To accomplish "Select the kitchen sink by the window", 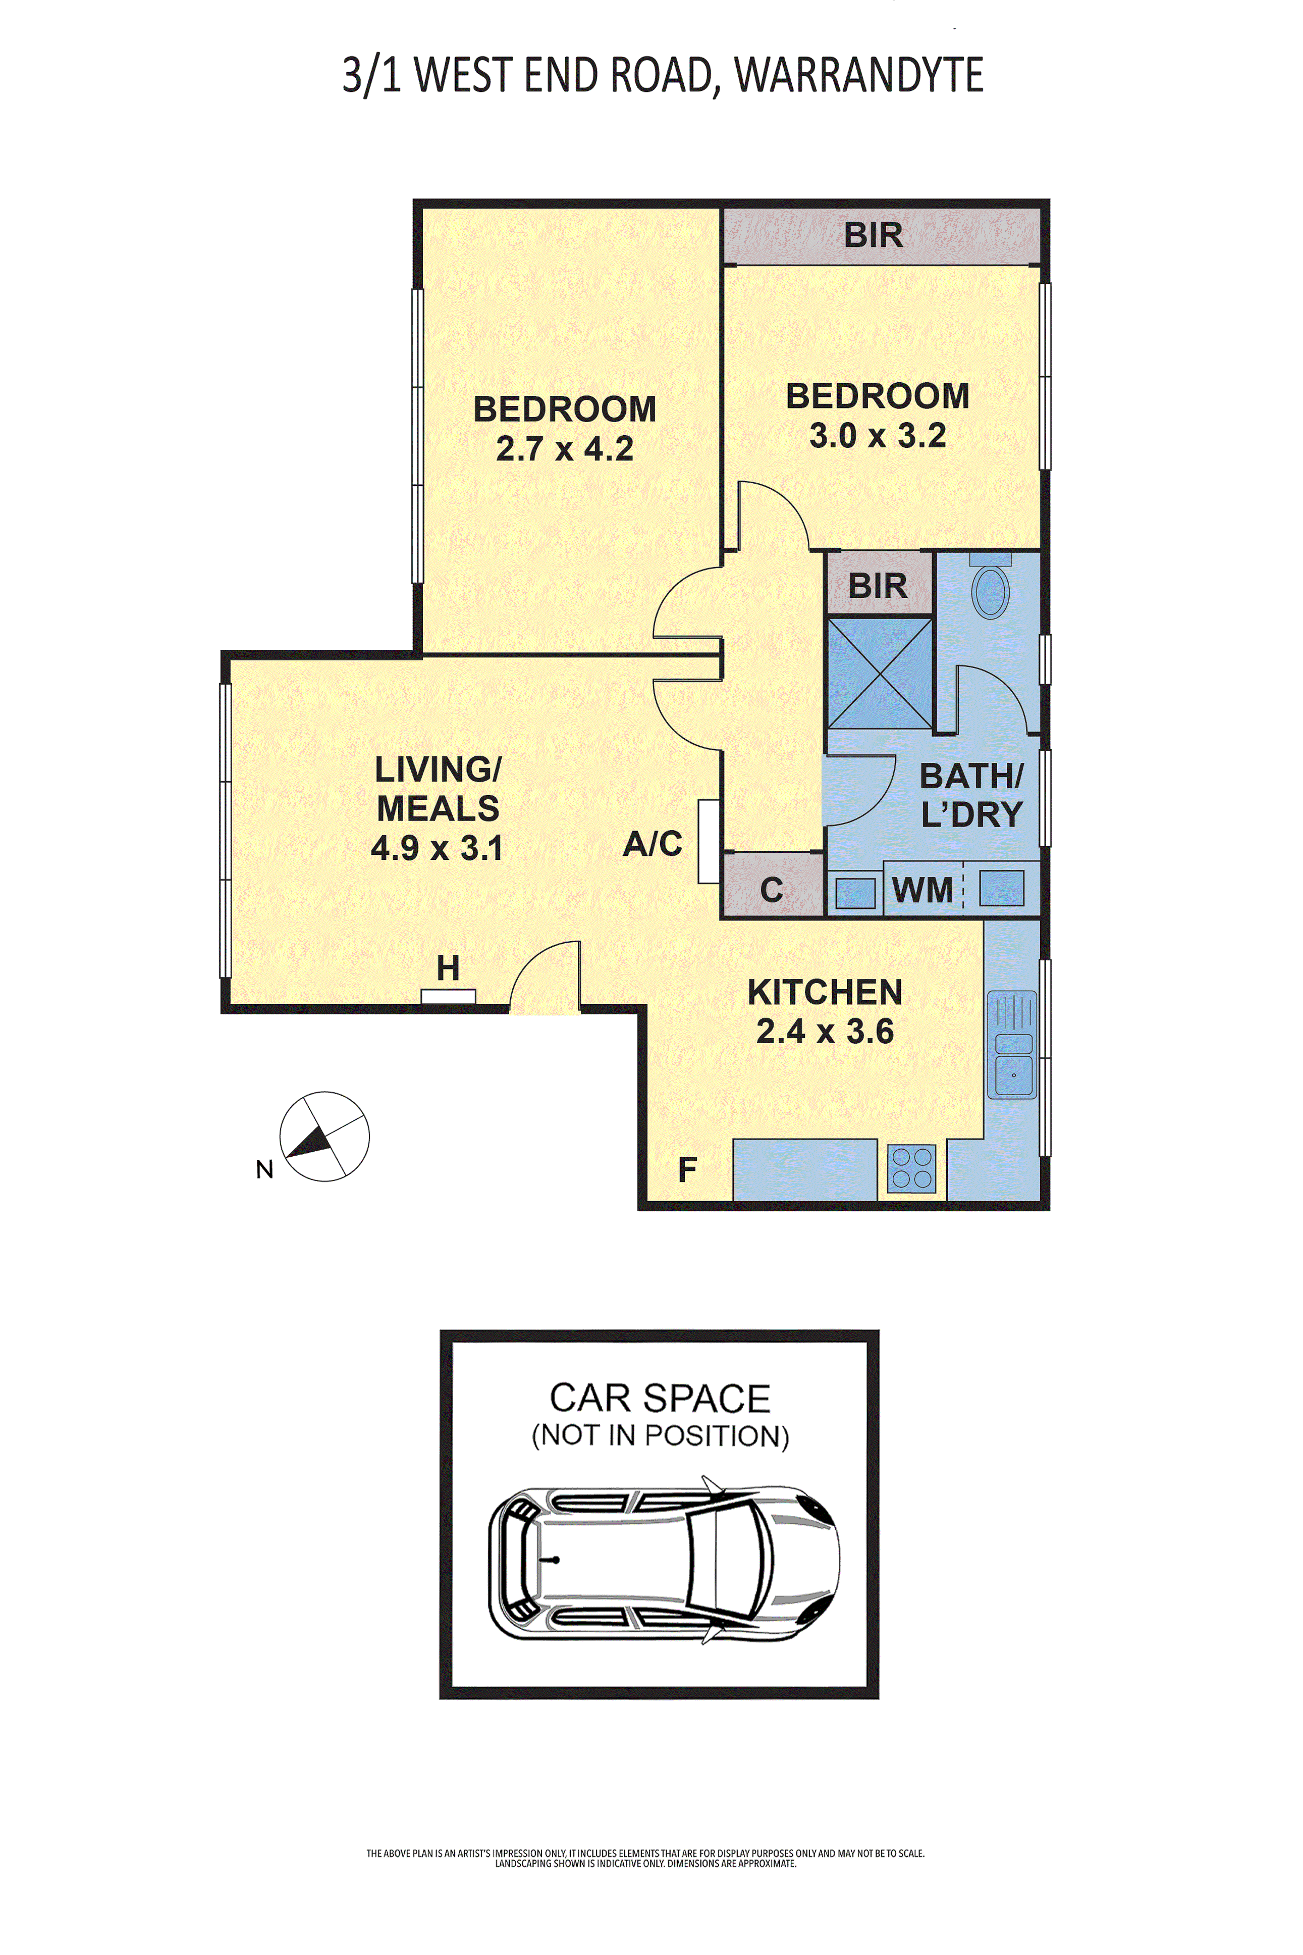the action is pyautogui.click(x=1012, y=1044).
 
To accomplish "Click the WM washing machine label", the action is pyautogui.click(x=922, y=890).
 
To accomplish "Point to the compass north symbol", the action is pyautogui.click(x=324, y=1136).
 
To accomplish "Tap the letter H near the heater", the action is pyautogui.click(x=448, y=967).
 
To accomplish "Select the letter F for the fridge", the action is pyautogui.click(x=687, y=1169).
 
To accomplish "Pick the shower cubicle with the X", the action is pyautogui.click(x=880, y=673).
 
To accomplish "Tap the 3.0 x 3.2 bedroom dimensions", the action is pyautogui.click(x=878, y=436).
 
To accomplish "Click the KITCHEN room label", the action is pyautogui.click(x=825, y=992).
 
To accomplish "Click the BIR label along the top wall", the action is pyautogui.click(x=874, y=235).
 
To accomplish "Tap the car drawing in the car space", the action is pyautogui.click(x=663, y=1563).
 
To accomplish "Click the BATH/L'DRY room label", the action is pyautogui.click(x=971, y=795).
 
